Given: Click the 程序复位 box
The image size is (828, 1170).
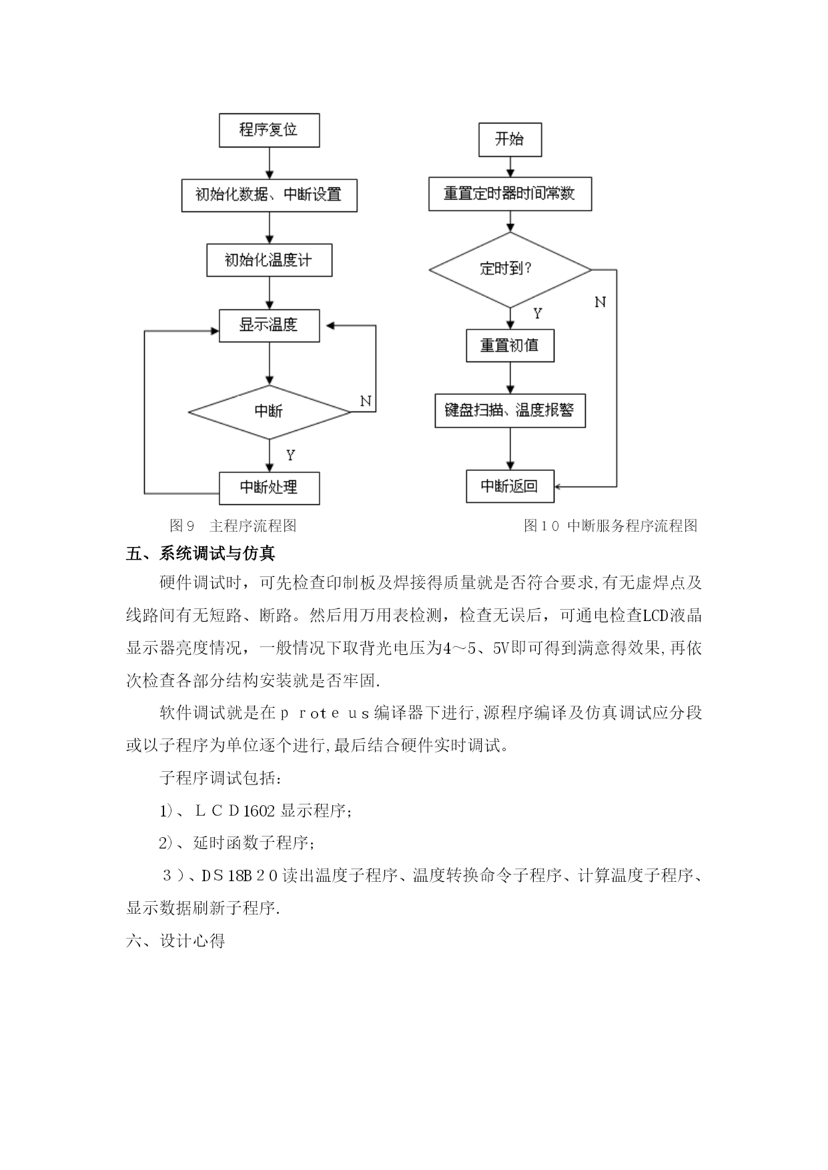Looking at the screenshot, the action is point(269,130).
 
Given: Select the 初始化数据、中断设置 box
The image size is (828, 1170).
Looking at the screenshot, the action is point(269,195).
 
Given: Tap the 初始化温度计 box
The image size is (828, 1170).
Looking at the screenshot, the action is point(269,259).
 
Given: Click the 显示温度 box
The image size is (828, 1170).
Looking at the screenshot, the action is point(269,326).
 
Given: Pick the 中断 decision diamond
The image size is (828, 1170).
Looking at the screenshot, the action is point(270,412).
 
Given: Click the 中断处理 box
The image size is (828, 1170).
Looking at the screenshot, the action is point(269,488).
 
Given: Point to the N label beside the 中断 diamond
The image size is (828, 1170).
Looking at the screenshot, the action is point(366,401).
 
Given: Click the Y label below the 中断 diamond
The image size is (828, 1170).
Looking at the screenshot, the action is point(290,455).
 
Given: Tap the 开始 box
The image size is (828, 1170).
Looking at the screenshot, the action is point(510,139).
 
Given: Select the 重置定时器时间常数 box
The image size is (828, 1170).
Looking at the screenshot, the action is point(510,194).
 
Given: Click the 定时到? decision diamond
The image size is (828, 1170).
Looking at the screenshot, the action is point(510,269).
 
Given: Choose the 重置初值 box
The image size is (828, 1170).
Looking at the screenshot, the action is point(510,346).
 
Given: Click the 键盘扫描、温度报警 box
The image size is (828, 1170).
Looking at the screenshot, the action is point(510,410).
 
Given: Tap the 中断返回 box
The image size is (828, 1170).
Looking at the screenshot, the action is point(510,486).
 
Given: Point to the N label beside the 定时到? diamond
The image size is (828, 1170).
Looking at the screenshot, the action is point(600,302).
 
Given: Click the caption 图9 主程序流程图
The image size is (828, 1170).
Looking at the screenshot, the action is point(233,526).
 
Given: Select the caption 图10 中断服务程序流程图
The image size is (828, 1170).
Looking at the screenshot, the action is point(610,526).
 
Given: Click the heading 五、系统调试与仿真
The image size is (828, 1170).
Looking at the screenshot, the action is point(201,554).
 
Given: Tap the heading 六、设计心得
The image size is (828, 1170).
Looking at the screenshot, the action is point(175,941).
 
